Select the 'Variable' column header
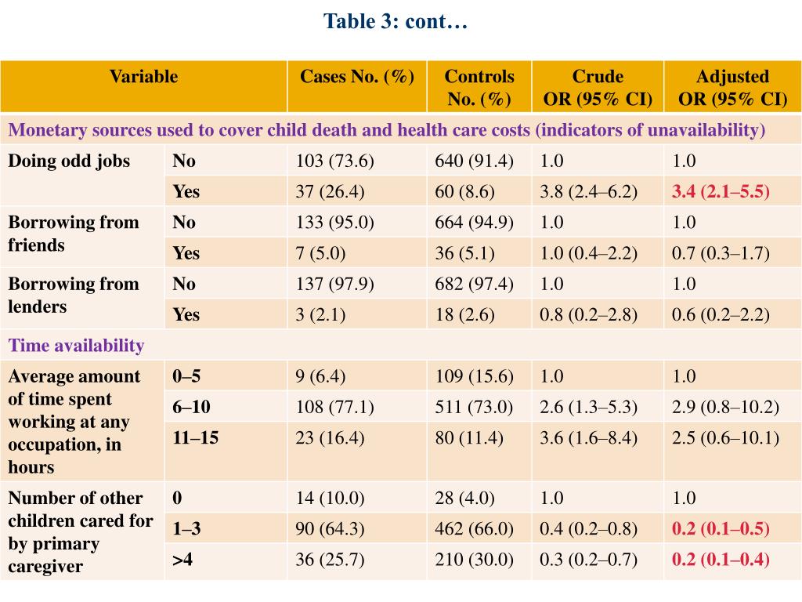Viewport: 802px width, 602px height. (x=143, y=77)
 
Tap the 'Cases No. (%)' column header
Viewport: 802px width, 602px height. (x=357, y=77)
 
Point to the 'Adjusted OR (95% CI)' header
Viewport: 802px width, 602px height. (x=732, y=87)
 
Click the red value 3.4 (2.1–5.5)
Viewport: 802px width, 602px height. (x=721, y=192)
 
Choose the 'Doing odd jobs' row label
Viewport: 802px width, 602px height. (x=69, y=161)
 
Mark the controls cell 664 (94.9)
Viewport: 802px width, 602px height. (x=475, y=223)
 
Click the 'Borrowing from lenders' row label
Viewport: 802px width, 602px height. (x=74, y=295)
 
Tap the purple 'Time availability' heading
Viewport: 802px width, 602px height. (x=76, y=346)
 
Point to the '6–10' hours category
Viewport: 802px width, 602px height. (x=192, y=408)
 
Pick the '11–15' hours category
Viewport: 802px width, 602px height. (x=196, y=438)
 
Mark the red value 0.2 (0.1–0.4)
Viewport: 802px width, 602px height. (x=721, y=560)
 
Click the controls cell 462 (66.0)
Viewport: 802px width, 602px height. (x=475, y=530)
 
